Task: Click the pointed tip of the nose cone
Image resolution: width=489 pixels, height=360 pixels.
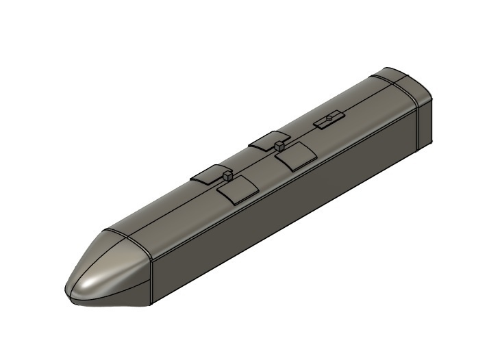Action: pos(68,291)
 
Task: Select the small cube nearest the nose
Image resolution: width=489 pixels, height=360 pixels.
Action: pos(225,176)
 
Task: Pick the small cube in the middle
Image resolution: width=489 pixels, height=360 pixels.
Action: pos(279,145)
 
